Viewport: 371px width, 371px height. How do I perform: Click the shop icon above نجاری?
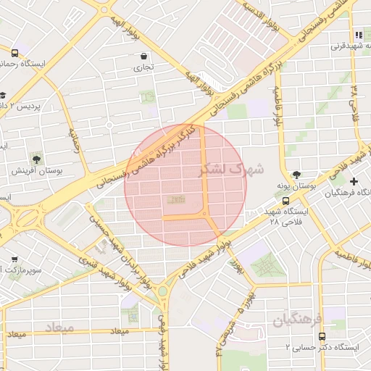[x=144, y=56]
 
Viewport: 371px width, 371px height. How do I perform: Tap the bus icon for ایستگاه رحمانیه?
[x=15, y=52]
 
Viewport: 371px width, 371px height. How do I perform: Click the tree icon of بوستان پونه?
[x=296, y=175]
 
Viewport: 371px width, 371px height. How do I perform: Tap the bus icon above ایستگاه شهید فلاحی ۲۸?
[x=285, y=201]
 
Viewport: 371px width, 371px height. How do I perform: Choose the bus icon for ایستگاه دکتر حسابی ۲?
[x=321, y=336]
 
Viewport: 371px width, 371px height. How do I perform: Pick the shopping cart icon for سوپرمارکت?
[x=15, y=259]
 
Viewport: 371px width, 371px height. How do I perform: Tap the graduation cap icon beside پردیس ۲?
[x=4, y=95]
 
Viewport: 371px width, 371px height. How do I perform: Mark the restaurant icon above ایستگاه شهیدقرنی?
[x=358, y=35]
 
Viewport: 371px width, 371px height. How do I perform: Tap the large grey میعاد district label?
[x=59, y=328]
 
